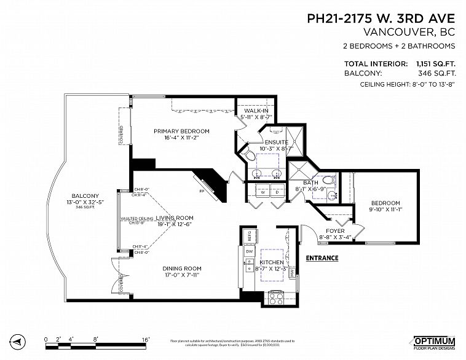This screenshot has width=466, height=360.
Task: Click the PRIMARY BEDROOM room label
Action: pos(181,131)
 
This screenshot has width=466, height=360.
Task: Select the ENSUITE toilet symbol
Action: pos(250,157)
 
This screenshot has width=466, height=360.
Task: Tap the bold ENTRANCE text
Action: pos(322,258)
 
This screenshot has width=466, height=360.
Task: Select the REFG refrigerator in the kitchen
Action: pos(251,235)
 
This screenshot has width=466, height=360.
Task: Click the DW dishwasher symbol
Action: pos(250,252)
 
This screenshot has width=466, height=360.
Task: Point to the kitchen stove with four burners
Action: pos(274,299)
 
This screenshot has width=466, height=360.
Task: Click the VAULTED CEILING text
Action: pos(136,219)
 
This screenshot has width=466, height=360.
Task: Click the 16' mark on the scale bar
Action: pos(146,338)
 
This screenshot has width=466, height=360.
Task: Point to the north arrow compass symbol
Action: pos(18,341)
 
